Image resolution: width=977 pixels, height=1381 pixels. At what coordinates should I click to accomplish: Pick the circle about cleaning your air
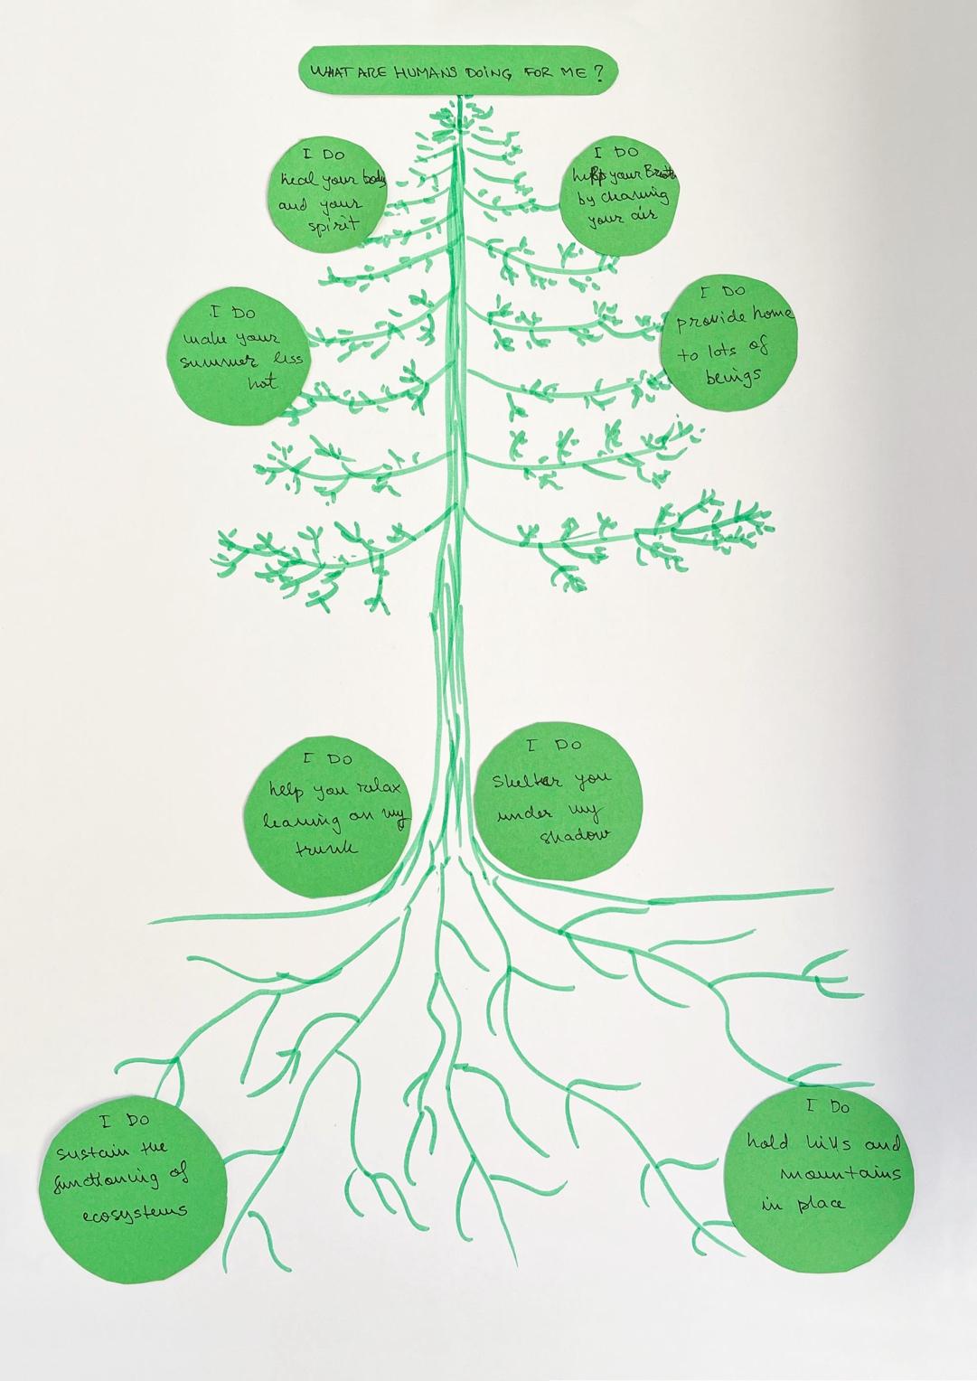(620, 193)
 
